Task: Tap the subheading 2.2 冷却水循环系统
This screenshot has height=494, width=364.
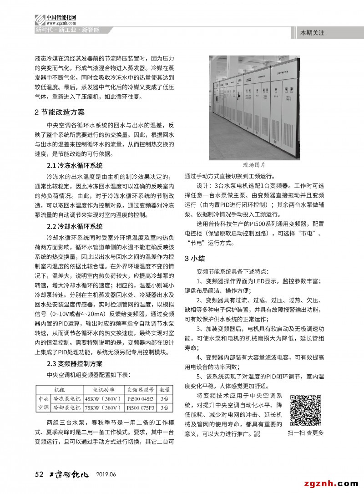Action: tap(75, 226)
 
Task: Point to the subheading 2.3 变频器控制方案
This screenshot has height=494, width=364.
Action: tap(75, 363)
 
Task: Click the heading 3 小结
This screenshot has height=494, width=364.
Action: tap(195, 258)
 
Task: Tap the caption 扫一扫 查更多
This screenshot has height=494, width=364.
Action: tap(306, 433)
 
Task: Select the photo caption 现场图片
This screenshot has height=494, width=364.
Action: tap(254, 165)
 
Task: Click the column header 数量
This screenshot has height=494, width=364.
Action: tap(165, 390)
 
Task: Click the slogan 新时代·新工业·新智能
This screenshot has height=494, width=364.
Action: tap(67, 30)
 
